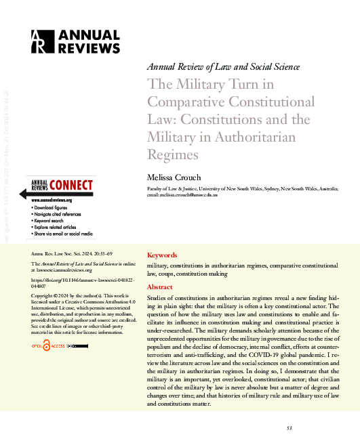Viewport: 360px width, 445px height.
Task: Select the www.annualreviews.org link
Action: (52, 200)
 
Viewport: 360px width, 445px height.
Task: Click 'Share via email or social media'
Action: (63, 234)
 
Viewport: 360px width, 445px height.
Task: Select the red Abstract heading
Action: (160, 287)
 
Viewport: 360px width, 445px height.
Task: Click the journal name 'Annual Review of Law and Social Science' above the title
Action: (223, 67)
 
